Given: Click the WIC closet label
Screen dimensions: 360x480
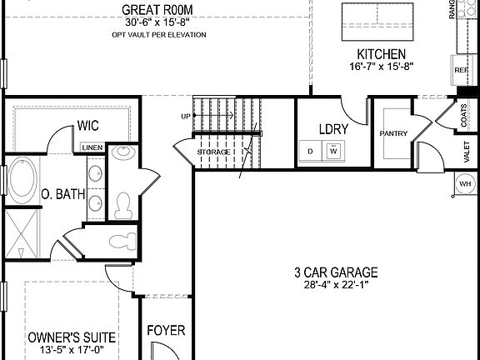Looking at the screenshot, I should click(x=89, y=126).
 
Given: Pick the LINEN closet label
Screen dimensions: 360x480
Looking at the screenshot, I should click(x=92, y=148).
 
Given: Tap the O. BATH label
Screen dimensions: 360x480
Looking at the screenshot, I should click(x=62, y=195).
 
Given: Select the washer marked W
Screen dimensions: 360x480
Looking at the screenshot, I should click(x=333, y=152).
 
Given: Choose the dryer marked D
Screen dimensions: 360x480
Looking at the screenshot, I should click(x=311, y=152).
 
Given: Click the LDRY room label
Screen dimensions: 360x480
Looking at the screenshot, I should click(x=333, y=129).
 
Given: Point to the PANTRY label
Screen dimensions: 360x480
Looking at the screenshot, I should click(x=392, y=133).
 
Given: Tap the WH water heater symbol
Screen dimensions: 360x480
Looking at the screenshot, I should click(x=465, y=183).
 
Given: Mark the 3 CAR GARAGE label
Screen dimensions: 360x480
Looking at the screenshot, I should click(x=336, y=272).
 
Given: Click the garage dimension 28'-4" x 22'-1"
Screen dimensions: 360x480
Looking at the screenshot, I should click(x=336, y=286).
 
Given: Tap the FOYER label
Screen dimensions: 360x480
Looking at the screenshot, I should click(x=166, y=331).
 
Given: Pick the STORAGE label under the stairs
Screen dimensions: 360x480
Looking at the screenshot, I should click(x=213, y=152).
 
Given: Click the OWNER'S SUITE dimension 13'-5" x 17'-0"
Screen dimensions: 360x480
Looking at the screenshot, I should click(x=72, y=351).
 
